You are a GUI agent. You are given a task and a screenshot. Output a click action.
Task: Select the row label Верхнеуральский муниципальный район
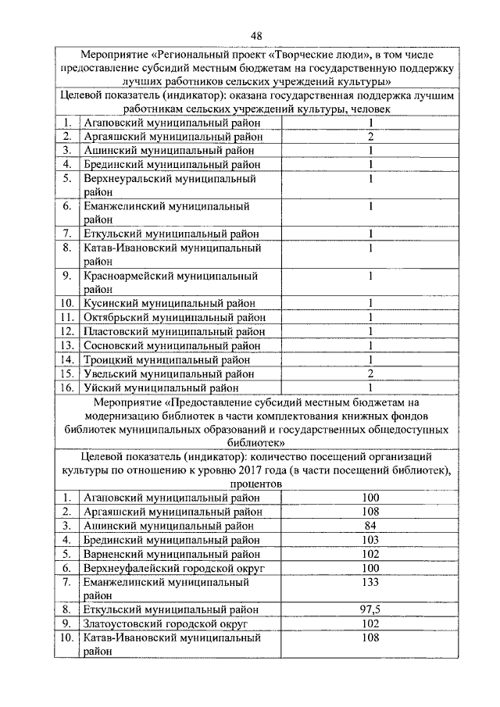[x=170, y=185]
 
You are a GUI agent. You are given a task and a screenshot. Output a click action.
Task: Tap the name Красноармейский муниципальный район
[x=170, y=282]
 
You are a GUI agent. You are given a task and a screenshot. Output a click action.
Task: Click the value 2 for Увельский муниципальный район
[x=370, y=373]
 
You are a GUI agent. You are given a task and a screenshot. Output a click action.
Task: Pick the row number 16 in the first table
[x=68, y=387]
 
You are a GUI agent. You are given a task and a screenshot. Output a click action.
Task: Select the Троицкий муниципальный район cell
[x=166, y=360]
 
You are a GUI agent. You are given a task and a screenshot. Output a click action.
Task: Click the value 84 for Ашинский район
[x=370, y=526]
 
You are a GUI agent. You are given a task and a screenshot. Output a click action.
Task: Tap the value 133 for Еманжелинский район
[x=370, y=582]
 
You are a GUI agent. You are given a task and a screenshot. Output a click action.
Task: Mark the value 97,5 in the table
[x=370, y=609]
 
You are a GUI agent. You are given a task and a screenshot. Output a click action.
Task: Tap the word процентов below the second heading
[x=255, y=484]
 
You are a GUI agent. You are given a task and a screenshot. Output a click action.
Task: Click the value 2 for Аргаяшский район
[x=370, y=137]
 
